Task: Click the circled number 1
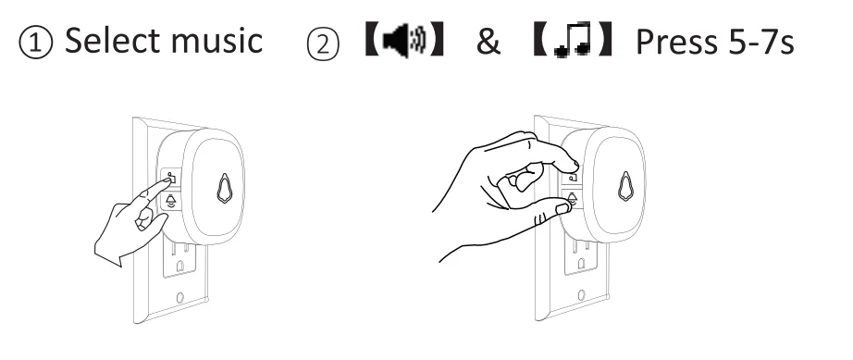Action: click(35, 43)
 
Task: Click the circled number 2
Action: click(323, 43)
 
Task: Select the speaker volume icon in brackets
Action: click(405, 40)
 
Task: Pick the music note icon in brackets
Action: click(573, 39)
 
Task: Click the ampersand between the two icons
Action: click(488, 41)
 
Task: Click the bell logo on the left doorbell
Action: click(224, 188)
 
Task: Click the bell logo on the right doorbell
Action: click(625, 187)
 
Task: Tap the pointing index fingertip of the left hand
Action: click(167, 181)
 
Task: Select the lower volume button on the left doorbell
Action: click(170, 202)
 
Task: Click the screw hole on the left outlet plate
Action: click(180, 297)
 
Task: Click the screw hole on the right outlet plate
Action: click(581, 295)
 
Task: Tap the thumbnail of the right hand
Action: click(562, 208)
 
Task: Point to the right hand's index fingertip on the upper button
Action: click(573, 163)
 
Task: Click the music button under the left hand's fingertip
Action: click(171, 178)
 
